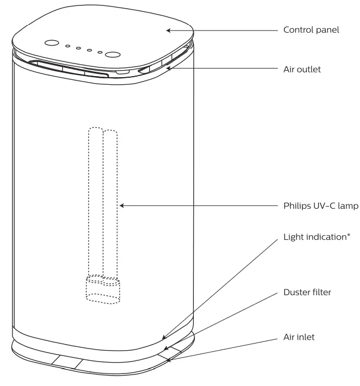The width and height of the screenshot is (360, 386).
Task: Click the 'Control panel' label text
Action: tap(311, 30)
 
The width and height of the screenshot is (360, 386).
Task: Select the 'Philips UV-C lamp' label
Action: tap(318, 206)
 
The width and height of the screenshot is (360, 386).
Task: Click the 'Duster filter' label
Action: tap(307, 292)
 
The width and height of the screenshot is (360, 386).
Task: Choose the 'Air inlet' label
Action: tap(299, 337)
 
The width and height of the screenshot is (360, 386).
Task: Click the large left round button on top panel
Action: tap(51, 43)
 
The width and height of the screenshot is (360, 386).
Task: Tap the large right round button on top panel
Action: tap(113, 55)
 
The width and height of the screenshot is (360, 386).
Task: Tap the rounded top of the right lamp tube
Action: tap(110, 133)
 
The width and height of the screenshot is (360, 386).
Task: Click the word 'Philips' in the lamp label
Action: tap(296, 206)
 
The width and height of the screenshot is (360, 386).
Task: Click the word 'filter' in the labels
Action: tap(320, 292)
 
